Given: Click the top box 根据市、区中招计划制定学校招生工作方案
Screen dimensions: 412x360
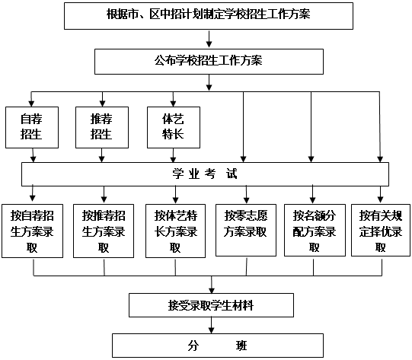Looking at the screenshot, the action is pyautogui.click(x=209, y=16).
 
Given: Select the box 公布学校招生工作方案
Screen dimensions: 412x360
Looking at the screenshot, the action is pyautogui.click(x=209, y=62).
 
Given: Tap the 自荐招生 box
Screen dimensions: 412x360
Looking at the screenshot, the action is pyautogui.click(x=32, y=127).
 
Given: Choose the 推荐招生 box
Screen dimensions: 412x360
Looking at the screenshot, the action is pyautogui.click(x=102, y=127).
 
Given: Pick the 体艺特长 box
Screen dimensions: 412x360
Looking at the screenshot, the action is pyautogui.click(x=174, y=127).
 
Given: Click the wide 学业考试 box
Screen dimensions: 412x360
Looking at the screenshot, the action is pyautogui.click(x=205, y=174).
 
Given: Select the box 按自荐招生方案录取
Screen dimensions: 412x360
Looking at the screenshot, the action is pyautogui.click(x=32, y=231).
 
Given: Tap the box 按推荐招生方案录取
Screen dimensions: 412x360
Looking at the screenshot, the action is pyautogui.click(x=104, y=231).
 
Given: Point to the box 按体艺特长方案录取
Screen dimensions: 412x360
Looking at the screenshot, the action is pyautogui.click(x=175, y=231).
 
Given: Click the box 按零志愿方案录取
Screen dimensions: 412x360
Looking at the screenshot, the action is pyautogui.click(x=246, y=230).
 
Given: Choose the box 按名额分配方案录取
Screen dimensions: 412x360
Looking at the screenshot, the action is pyautogui.click(x=315, y=230).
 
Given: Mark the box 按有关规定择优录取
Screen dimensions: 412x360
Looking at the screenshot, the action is pyautogui.click(x=381, y=230).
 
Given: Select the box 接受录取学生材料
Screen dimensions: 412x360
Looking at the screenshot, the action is pyautogui.click(x=211, y=305).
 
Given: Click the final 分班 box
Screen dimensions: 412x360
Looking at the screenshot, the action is pyautogui.click(x=218, y=346).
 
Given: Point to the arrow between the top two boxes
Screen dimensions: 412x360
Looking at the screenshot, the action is pyautogui.click(x=209, y=39).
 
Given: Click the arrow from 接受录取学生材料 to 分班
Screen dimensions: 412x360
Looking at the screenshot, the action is pyautogui.click(x=211, y=325).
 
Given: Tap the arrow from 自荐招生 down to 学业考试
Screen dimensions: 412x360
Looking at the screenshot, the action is pyautogui.click(x=33, y=155).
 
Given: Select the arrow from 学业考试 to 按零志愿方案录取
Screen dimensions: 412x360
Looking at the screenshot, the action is pyautogui.click(x=246, y=194).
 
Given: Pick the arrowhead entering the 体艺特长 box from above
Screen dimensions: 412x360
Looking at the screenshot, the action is pyautogui.click(x=173, y=104).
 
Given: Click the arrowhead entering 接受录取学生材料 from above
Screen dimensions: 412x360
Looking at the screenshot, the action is pyautogui.click(x=212, y=290).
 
